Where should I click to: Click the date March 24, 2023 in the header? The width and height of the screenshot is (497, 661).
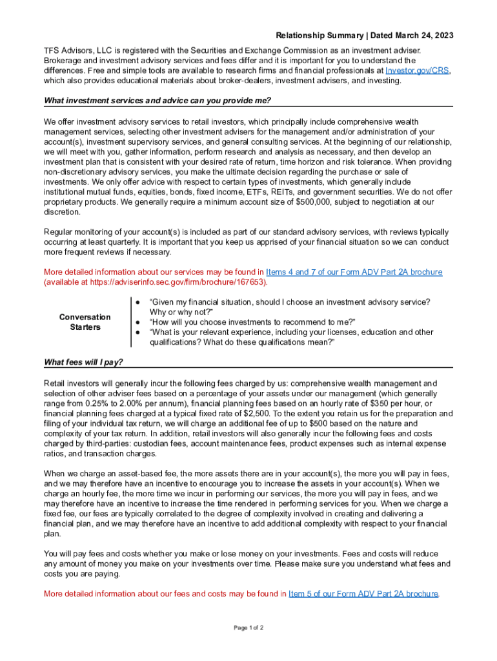421,35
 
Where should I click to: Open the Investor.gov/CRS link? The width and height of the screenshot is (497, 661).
418,70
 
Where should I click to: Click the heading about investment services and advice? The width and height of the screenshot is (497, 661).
157,101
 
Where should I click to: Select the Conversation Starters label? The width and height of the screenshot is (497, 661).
85,322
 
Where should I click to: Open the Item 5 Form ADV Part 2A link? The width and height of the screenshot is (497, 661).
363,593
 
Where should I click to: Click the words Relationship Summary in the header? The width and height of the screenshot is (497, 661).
313,35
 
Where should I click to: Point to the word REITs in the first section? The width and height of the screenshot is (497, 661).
279,192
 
